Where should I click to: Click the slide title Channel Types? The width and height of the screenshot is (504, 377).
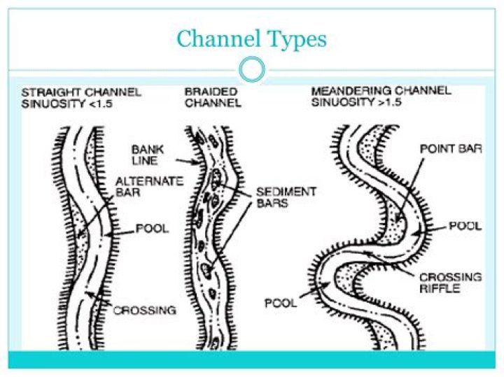tap(251, 38)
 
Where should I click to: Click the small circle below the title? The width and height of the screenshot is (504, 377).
tap(251, 69)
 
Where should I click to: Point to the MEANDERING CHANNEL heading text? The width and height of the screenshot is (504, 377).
tap(381, 91)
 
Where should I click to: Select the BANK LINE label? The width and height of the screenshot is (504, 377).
tap(147, 155)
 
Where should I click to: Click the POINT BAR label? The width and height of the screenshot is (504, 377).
tap(450, 149)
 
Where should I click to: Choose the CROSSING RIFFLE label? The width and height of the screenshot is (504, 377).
tap(450, 283)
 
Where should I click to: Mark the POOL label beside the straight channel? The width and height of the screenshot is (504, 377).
tap(152, 229)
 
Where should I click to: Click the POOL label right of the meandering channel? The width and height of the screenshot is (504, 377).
tap(465, 227)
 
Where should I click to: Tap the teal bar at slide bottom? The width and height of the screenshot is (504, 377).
tap(251, 360)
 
